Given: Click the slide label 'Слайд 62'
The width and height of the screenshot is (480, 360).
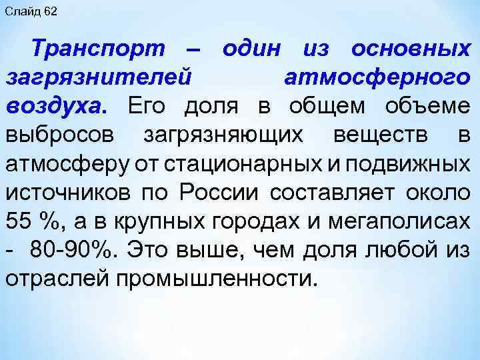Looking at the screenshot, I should click(31, 12).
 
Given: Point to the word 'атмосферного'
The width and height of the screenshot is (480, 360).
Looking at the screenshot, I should click(377, 77).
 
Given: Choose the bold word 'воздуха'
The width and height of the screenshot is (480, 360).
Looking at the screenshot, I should click(54, 106).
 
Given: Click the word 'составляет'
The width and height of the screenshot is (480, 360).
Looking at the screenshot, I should click(337, 192).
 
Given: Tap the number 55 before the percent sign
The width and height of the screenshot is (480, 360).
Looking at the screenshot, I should click(19, 221).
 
